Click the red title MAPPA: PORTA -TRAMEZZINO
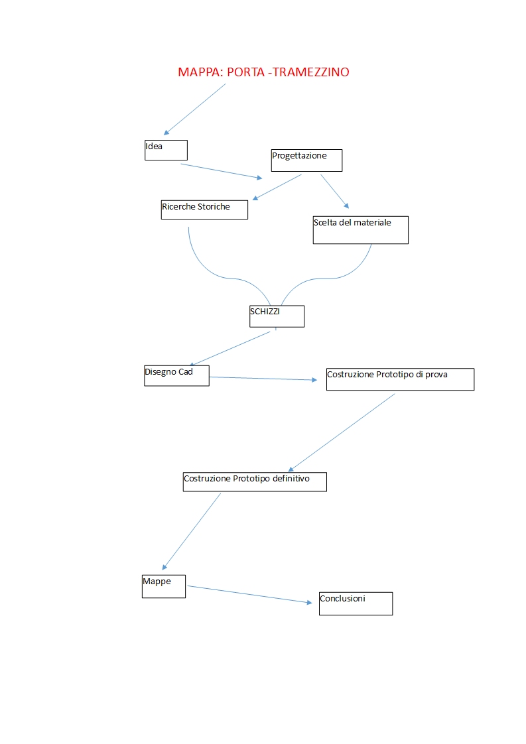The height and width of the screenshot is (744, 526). coord(263,72)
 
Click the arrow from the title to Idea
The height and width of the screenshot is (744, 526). coord(194,109)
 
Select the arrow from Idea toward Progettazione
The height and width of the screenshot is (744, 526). coord(222,171)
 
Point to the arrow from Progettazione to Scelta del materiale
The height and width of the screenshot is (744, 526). coord(335,192)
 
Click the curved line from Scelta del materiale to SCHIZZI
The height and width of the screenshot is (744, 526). coord(328,278)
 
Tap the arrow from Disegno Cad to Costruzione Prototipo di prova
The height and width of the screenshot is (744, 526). coord(263,379)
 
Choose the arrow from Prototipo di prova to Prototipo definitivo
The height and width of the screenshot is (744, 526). coord(342,433)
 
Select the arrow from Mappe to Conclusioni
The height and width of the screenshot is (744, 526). coord(249,595)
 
